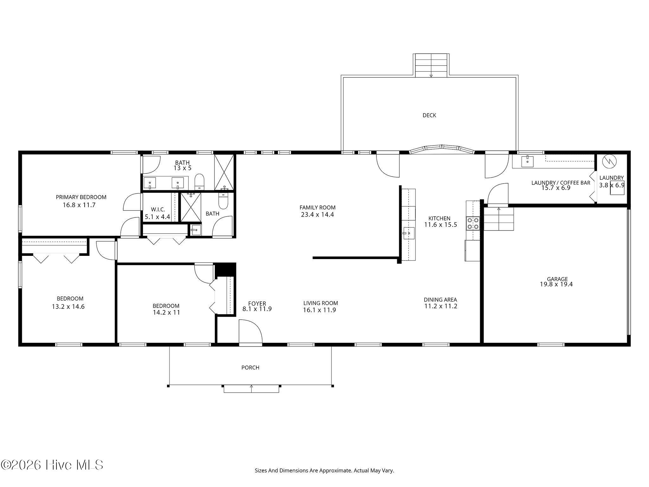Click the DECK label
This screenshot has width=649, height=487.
429,115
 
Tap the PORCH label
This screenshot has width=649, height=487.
250,367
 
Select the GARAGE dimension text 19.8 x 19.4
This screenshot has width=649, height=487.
556,284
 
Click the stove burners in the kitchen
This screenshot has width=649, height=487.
472,223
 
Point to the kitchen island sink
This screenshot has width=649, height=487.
409,233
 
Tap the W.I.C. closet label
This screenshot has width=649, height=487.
158,210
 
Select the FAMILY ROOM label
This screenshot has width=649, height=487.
318,208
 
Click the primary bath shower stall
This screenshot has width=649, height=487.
224,172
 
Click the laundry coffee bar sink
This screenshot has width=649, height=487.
527,161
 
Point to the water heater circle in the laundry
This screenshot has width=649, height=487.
609,161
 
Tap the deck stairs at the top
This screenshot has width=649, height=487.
431,65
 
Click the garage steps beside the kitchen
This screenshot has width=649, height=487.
498,219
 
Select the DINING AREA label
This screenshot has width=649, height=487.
440,300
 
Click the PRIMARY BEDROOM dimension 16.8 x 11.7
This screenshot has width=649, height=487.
79,205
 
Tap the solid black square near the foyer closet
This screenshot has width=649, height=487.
225,269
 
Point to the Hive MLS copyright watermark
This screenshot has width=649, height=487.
52,465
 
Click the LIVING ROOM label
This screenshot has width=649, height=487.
321,303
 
